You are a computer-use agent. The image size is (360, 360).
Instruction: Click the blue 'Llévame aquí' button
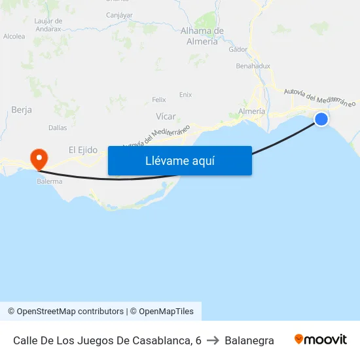179,160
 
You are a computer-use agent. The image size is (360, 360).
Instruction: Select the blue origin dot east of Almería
321,118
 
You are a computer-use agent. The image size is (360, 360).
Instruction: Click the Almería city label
252,111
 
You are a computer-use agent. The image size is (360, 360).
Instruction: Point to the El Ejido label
83,150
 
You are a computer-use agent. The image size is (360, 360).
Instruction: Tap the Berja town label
22,110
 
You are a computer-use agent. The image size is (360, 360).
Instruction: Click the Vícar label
166,116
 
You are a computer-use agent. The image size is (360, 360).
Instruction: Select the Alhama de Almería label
202,36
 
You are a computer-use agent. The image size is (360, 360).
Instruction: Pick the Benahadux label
253,66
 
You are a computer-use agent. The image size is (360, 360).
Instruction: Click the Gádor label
238,49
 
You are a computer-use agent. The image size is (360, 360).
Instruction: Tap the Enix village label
185,94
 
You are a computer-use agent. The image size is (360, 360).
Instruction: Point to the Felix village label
159,99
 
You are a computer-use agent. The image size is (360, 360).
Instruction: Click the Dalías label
58,128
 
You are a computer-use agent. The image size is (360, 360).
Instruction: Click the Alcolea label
14,37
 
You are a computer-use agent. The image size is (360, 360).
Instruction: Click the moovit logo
320,340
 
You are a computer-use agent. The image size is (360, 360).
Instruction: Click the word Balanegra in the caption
249,340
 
